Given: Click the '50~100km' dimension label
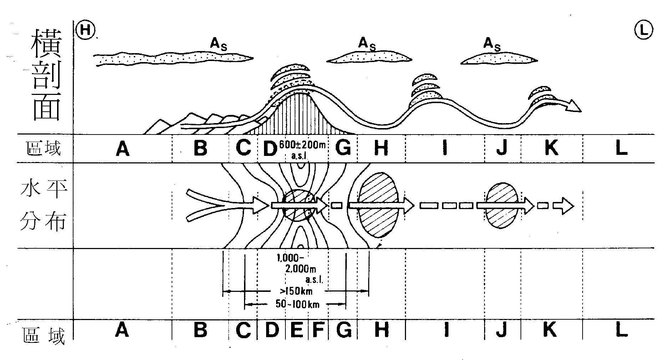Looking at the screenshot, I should pyautogui.click(x=298, y=304).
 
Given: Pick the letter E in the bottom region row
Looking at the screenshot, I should pyautogui.click(x=296, y=330).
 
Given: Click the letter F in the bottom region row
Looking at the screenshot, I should pyautogui.click(x=318, y=330).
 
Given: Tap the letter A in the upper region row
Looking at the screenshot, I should pyautogui.click(x=122, y=149).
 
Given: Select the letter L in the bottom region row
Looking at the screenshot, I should pyautogui.click(x=621, y=330).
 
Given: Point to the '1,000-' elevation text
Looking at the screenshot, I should pyautogui.click(x=289, y=258).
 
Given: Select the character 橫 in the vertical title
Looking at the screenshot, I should pyautogui.click(x=46, y=43).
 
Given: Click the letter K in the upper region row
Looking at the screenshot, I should pyautogui.click(x=551, y=148).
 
